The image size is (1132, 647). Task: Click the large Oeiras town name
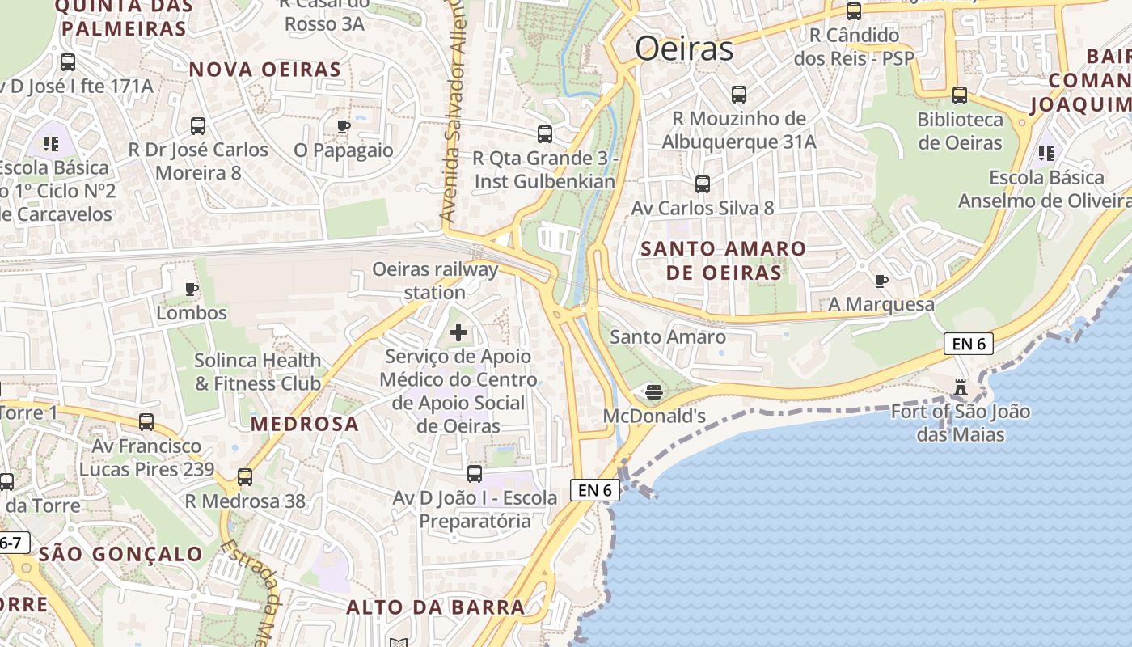[684, 49]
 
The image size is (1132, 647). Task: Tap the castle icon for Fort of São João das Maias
[961, 387]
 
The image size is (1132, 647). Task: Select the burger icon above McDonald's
[654, 393]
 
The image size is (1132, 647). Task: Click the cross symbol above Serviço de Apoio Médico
[458, 332]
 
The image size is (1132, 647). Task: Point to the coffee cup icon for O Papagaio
[344, 126]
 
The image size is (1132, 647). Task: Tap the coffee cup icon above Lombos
[192, 289]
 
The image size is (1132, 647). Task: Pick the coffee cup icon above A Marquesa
[881, 281]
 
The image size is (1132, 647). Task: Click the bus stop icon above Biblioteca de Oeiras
[960, 95]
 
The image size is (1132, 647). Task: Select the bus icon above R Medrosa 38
[245, 477]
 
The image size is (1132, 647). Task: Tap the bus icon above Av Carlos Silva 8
[703, 184]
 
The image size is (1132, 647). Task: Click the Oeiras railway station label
[435, 281]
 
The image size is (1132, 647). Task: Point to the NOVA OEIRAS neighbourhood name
[265, 70]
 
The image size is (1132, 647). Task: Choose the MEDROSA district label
[304, 424]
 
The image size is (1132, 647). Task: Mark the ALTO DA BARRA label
[436, 607]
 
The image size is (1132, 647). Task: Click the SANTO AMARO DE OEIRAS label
[724, 260]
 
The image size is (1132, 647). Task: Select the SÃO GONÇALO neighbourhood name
[120, 554]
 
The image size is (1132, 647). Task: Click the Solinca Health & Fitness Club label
[258, 372]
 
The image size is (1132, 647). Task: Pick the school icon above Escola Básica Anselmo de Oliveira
[1046, 153]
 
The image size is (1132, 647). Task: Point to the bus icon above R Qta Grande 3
[545, 134]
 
